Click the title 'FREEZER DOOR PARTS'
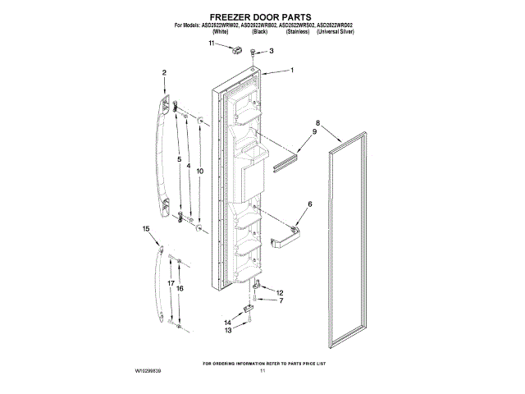point(262,16)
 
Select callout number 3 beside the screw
point(273,52)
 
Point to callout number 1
point(292,71)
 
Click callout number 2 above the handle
point(164,73)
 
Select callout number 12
point(281,293)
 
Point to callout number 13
point(229,330)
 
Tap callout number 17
point(171,283)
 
